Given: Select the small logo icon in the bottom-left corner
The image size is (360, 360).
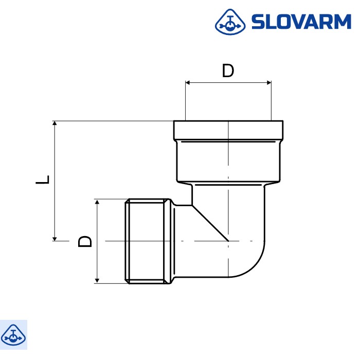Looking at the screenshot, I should pyautogui.click(x=13, y=335).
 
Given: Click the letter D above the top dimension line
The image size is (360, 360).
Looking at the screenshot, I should pyautogui.click(x=228, y=71).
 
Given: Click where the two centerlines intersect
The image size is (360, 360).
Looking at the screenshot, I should pyautogui.click(x=228, y=241).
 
